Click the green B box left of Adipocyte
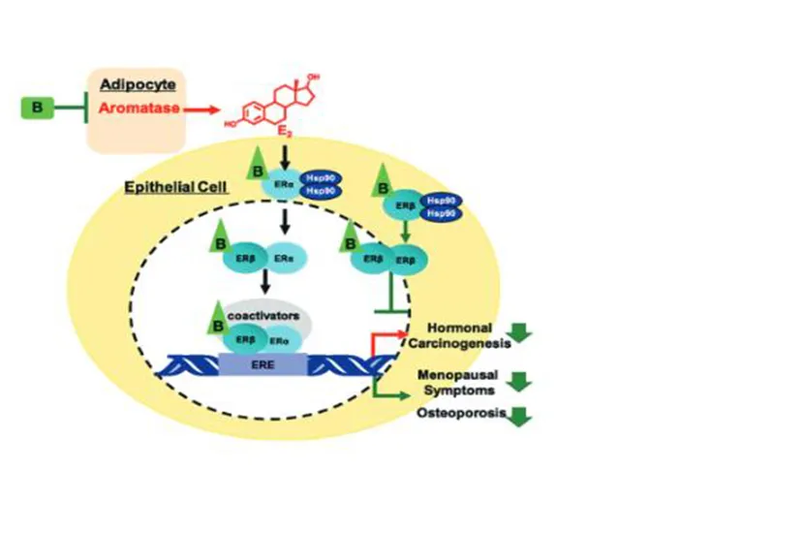click(37, 109)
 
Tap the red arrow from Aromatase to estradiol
click(206, 110)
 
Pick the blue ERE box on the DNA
click(263, 365)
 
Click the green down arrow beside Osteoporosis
click(521, 417)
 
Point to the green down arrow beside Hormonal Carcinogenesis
click(521, 334)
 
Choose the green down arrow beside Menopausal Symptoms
click(521, 381)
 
